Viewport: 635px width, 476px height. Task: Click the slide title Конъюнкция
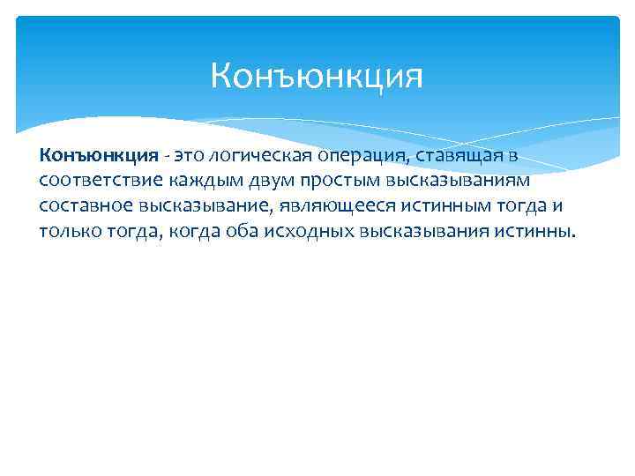point(317,76)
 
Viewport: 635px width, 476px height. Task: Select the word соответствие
point(95,181)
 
